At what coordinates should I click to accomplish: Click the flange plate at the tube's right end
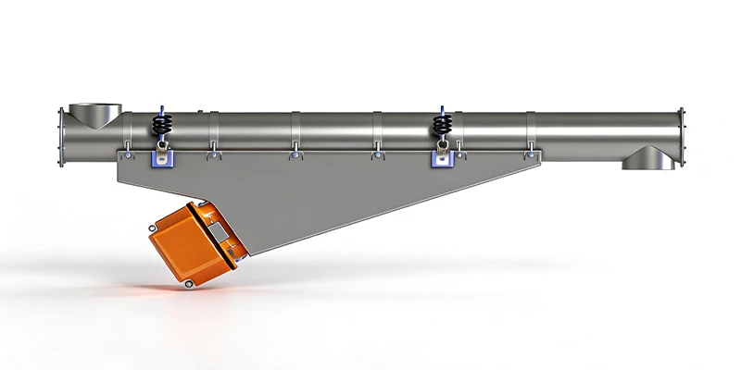[x=684, y=134]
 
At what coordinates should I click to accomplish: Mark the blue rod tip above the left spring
[x=161, y=106]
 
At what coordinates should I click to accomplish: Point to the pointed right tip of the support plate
[x=539, y=158]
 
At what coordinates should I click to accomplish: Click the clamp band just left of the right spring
[x=377, y=134]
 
